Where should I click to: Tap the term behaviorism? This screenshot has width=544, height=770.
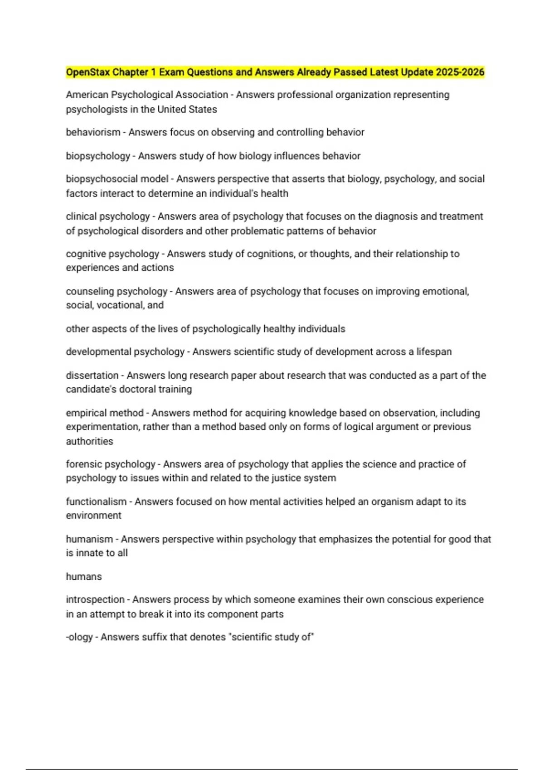point(93,132)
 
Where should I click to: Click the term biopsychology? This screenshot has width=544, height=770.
point(98,156)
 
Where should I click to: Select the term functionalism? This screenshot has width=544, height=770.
point(96,502)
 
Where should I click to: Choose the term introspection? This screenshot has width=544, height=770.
point(95,600)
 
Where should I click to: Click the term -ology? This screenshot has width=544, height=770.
point(79,637)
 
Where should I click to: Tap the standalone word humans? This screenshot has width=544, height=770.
point(84,577)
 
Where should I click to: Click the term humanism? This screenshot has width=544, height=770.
point(89,539)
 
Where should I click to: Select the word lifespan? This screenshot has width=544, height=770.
point(434,352)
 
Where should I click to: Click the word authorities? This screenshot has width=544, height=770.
point(89,441)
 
